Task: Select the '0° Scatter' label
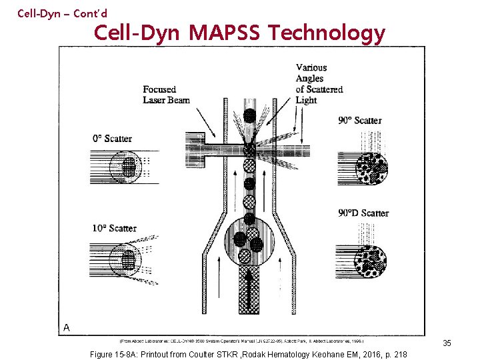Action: click(111, 139)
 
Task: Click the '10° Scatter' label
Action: click(114, 228)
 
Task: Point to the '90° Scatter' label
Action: click(360, 120)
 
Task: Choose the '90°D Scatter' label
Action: click(363, 213)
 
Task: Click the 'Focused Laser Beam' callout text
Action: click(166, 95)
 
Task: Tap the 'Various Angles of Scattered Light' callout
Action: click(319, 83)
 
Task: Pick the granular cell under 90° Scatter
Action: click(371, 167)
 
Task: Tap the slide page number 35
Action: click(447, 343)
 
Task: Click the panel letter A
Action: click(67, 327)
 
